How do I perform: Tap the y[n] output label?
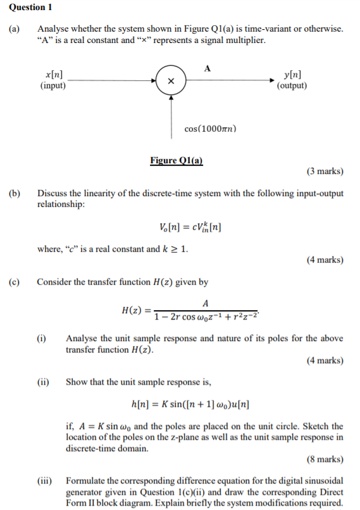(292, 75)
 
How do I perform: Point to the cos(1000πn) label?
(211, 128)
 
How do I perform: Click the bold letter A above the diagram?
(208, 67)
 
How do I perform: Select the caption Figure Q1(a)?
(176, 161)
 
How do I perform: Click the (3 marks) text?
(325, 171)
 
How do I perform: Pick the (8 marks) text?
(325, 459)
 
